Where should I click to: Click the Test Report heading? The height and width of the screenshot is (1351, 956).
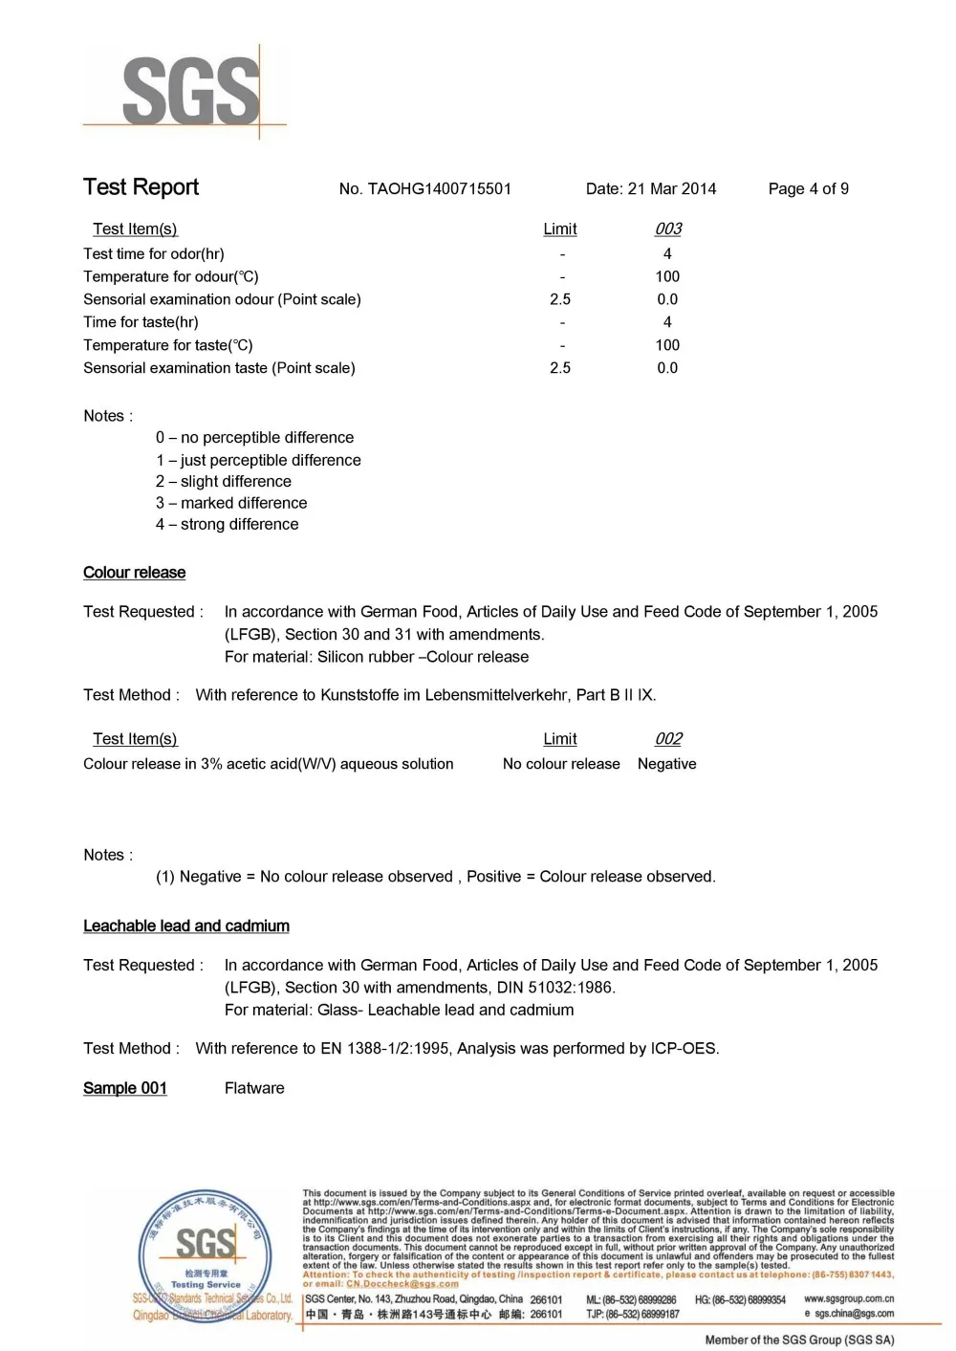pos(141,187)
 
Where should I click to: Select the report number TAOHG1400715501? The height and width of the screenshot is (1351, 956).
pos(425,188)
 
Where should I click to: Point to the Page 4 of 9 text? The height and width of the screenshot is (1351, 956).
pos(808,188)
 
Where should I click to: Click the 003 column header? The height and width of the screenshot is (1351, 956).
pos(667,229)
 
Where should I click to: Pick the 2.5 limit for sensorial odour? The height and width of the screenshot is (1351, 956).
pos(560,299)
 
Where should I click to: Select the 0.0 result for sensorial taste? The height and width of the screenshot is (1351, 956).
pos(667,368)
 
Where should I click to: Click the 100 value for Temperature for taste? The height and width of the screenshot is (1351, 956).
pos(667,345)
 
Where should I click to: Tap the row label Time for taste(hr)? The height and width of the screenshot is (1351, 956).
pos(141,322)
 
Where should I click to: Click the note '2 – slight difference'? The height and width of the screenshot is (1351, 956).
pos(224,481)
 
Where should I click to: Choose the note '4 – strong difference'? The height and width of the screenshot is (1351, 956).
pos(228,524)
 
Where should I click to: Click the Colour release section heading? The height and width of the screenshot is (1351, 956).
pos(134,573)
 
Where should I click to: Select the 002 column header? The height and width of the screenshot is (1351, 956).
pos(667,739)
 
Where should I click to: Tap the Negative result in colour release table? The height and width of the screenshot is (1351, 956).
pos(666,764)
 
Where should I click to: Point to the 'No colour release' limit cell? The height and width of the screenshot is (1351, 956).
pos(561,764)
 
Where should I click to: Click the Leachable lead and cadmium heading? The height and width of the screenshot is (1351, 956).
pos(186,926)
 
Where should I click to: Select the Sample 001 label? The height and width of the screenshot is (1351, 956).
pos(125,1088)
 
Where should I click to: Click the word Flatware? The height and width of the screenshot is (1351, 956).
pos(254,1088)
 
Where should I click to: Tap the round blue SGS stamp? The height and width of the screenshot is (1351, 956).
pos(203,1253)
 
